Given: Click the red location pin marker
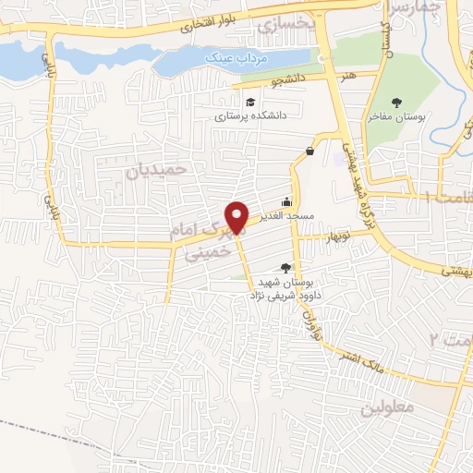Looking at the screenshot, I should (238, 216).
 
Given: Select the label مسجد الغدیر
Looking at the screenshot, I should (286, 216).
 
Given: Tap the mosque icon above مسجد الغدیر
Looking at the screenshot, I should (286, 201).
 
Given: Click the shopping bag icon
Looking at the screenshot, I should (309, 152).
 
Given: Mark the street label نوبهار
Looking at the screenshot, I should (339, 236).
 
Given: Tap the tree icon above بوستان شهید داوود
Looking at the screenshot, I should (285, 268).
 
